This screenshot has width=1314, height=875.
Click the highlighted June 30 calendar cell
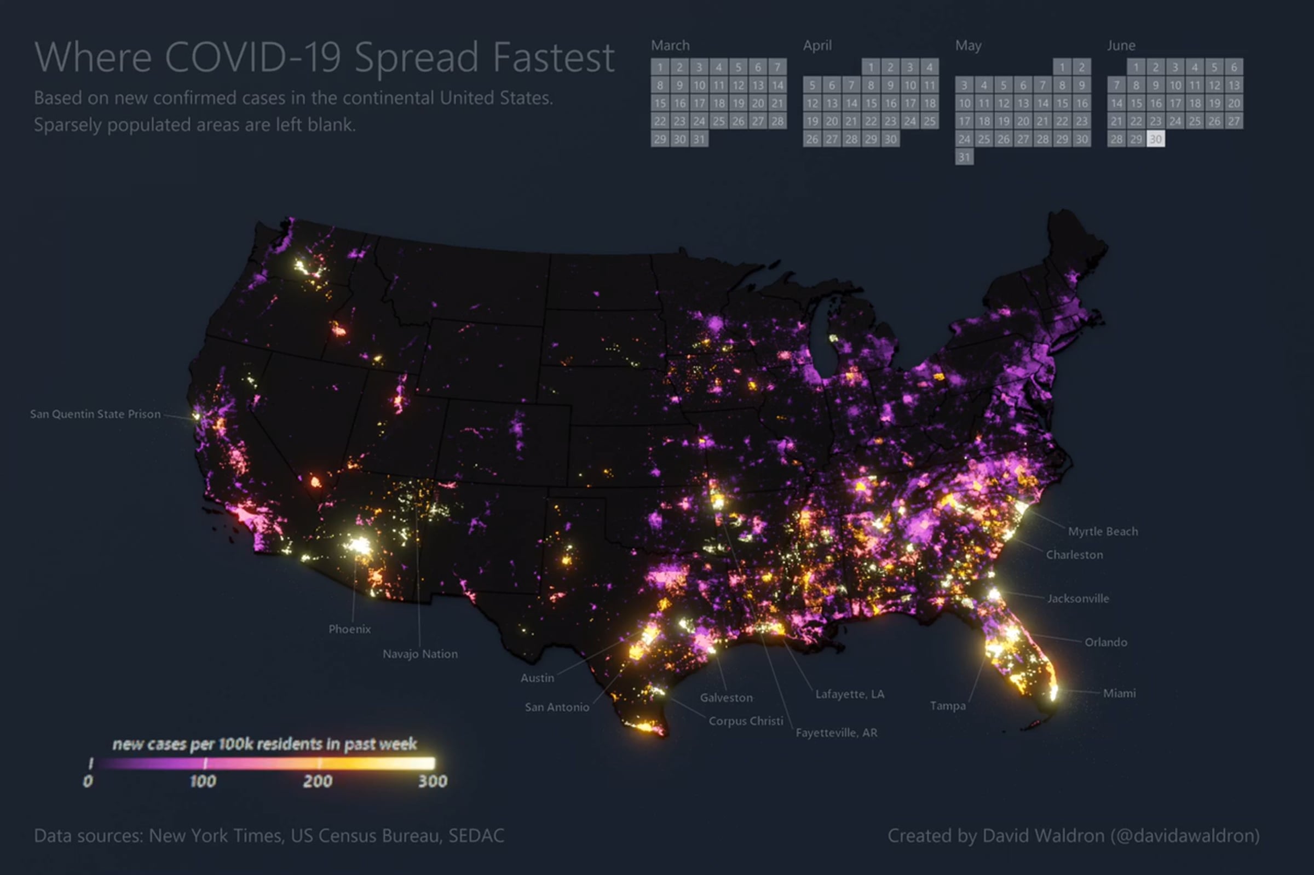pyautogui.click(x=1156, y=139)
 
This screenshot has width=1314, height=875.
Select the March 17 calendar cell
pyautogui.click(x=699, y=103)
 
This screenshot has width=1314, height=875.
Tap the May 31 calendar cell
pyautogui.click(x=964, y=157)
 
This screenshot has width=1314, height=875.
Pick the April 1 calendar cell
pyautogui.click(x=871, y=67)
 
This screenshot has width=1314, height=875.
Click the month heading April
pyautogui.click(x=817, y=45)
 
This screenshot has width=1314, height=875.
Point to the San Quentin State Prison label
pyautogui.click(x=95, y=414)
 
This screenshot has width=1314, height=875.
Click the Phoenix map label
pyautogui.click(x=350, y=629)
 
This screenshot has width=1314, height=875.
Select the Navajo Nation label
pyautogui.click(x=420, y=654)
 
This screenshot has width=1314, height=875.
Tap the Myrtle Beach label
pyautogui.click(x=1103, y=532)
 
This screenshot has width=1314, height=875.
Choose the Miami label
pyautogui.click(x=1119, y=693)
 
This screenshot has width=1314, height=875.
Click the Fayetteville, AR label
pyautogui.click(x=837, y=733)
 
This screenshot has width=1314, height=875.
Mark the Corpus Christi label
pyautogui.click(x=746, y=721)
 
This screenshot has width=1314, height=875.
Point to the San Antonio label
pyautogui.click(x=557, y=707)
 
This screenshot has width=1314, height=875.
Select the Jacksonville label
pyautogui.click(x=1078, y=599)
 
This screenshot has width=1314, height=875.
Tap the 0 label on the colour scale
pyautogui.click(x=88, y=781)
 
